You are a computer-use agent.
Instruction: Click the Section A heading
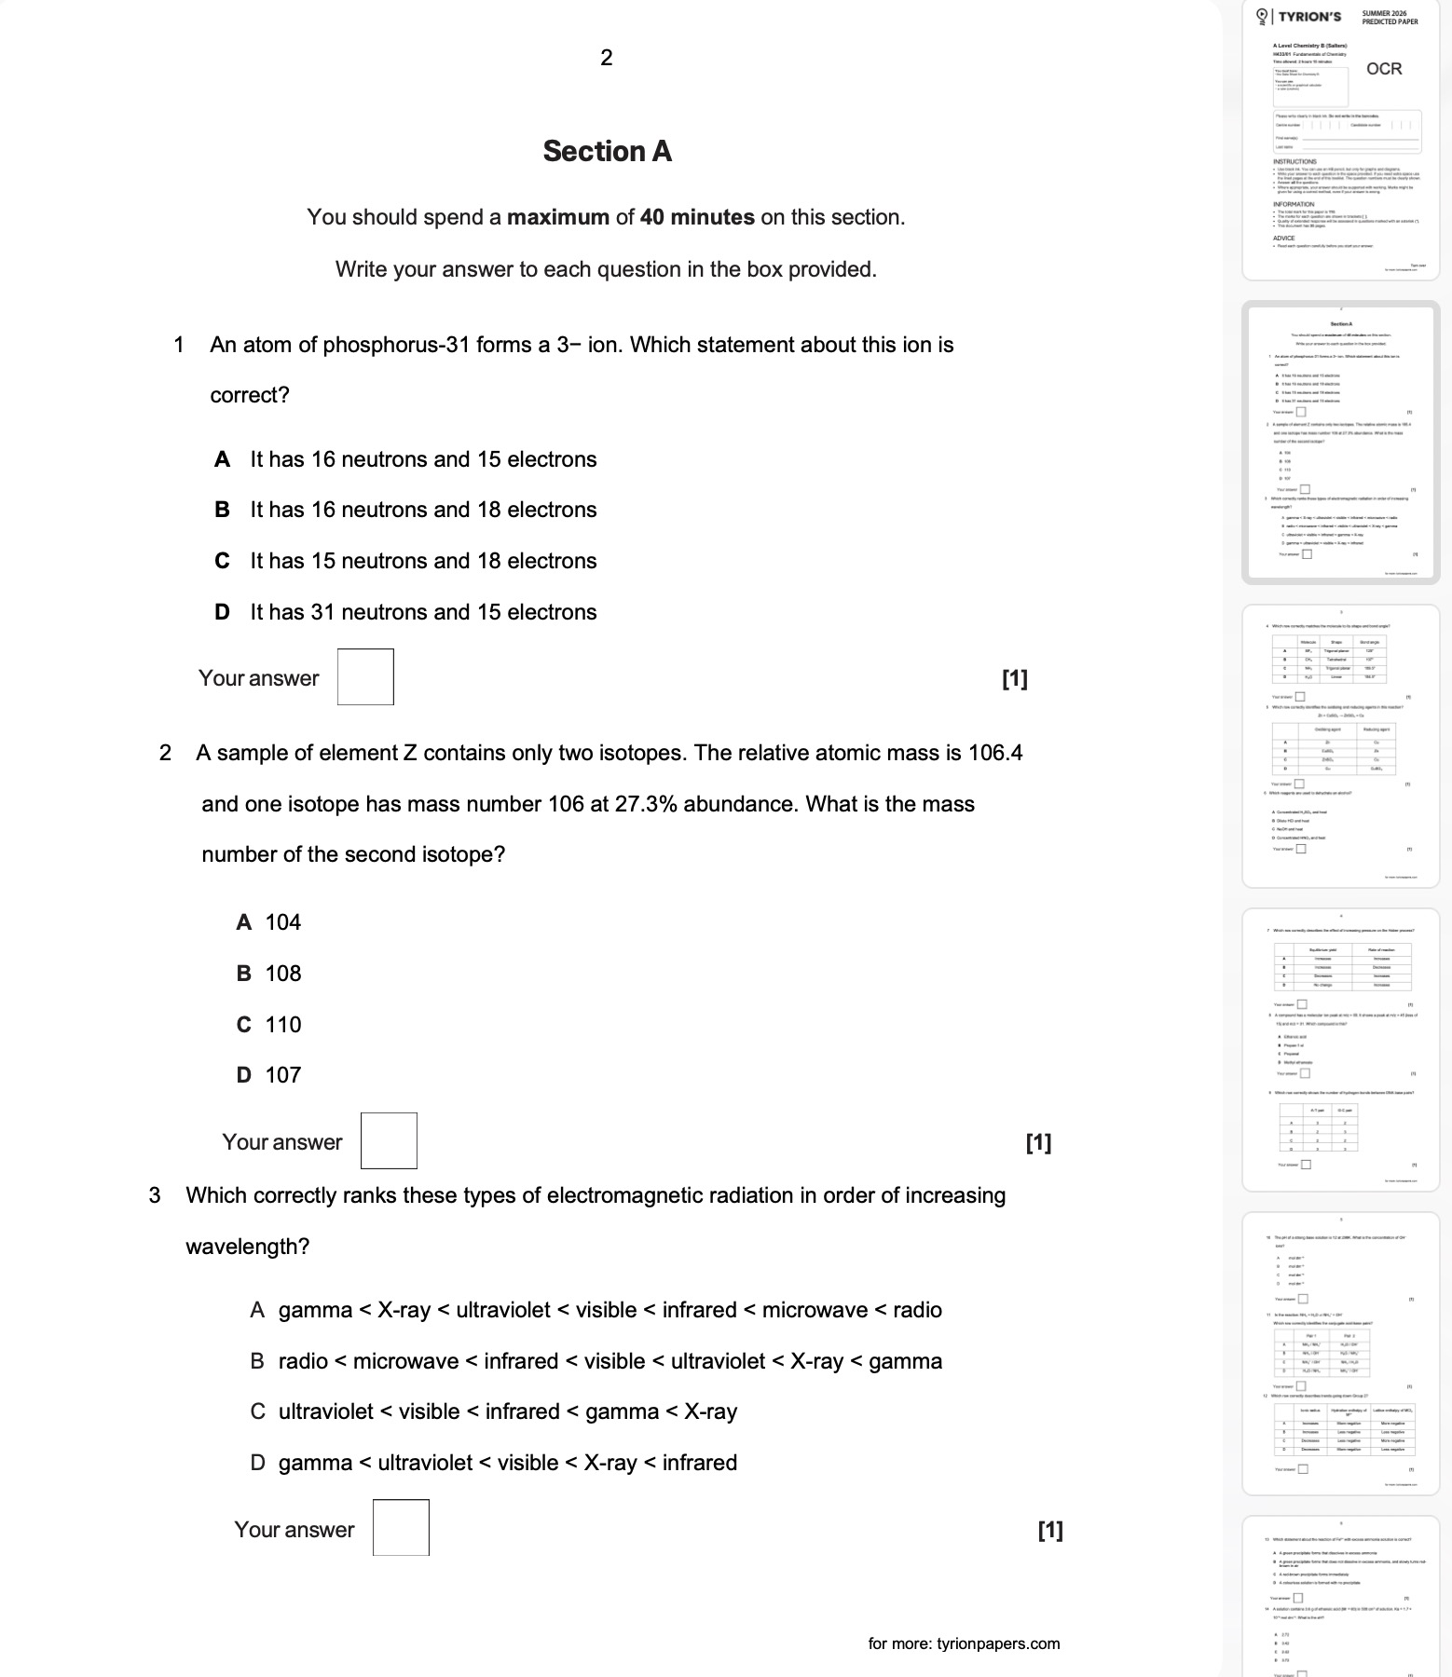[x=607, y=151]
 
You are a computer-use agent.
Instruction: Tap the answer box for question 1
[x=365, y=677]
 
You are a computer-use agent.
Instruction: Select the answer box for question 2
[x=389, y=1141]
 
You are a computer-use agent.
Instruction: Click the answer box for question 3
[x=401, y=1528]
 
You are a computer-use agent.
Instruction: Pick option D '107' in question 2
[x=269, y=1075]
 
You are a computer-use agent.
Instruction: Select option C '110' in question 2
[x=269, y=1025]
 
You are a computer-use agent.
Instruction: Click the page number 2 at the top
[x=607, y=58]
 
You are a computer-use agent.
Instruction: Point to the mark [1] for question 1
[x=1015, y=679]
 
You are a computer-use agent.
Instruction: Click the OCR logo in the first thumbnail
[x=1383, y=69]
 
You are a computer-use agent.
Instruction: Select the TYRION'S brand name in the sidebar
[x=1309, y=17]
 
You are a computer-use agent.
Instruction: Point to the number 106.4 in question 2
[x=995, y=753]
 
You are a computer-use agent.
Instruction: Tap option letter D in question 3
[x=257, y=1463]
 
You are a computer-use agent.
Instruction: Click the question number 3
[x=155, y=1195]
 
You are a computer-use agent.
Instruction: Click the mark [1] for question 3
[x=1049, y=1530]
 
